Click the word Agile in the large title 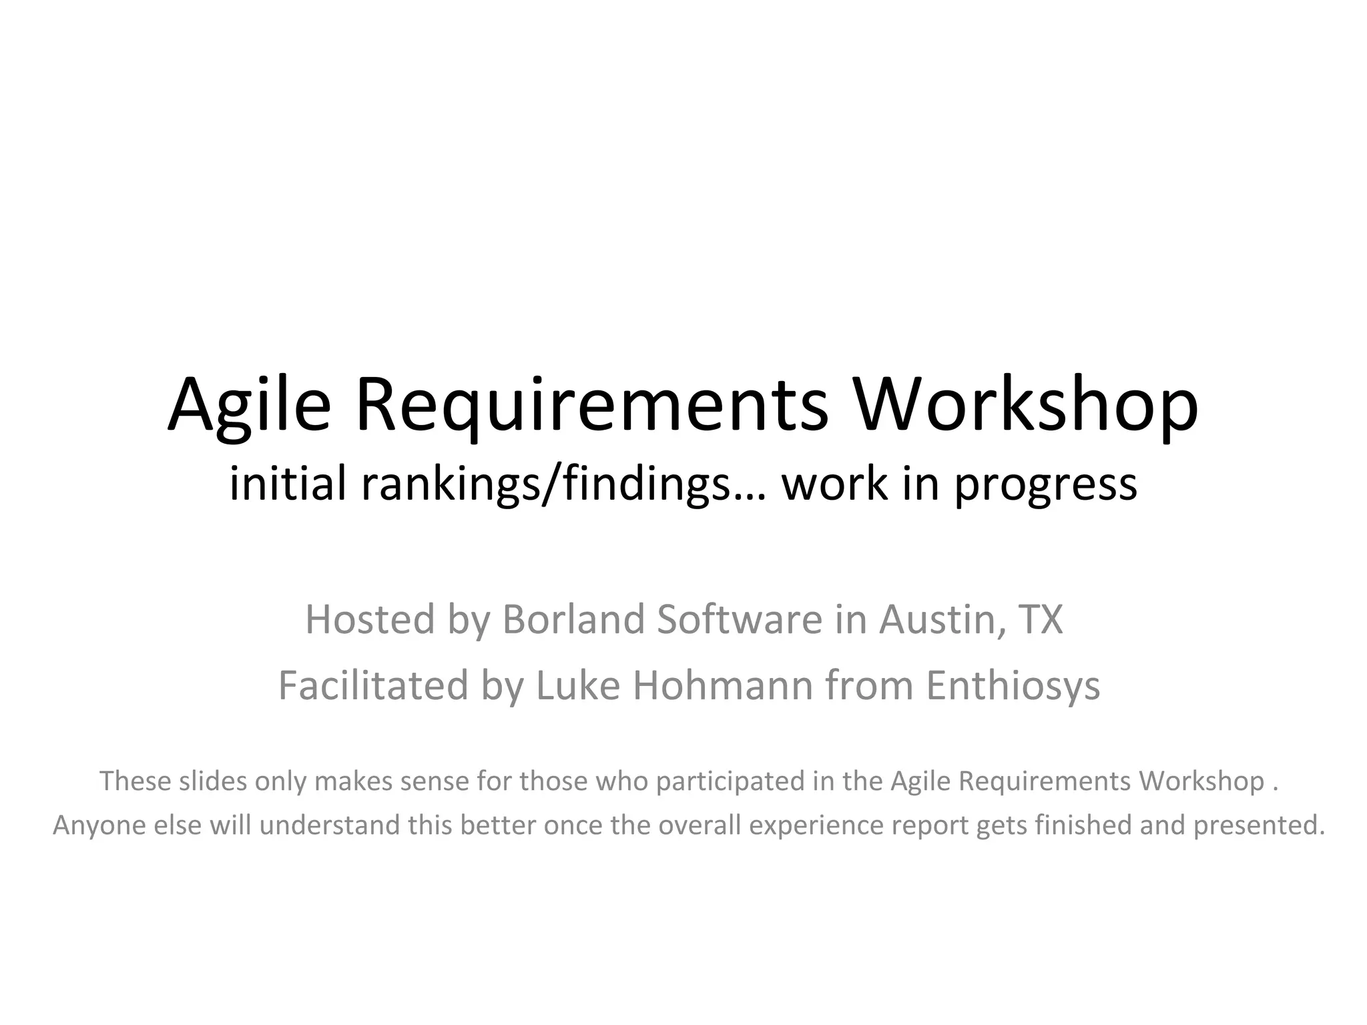(x=249, y=406)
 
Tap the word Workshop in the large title (x=1026, y=406)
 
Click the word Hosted (x=370, y=619)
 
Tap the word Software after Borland (x=740, y=619)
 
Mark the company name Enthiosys (x=1013, y=687)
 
